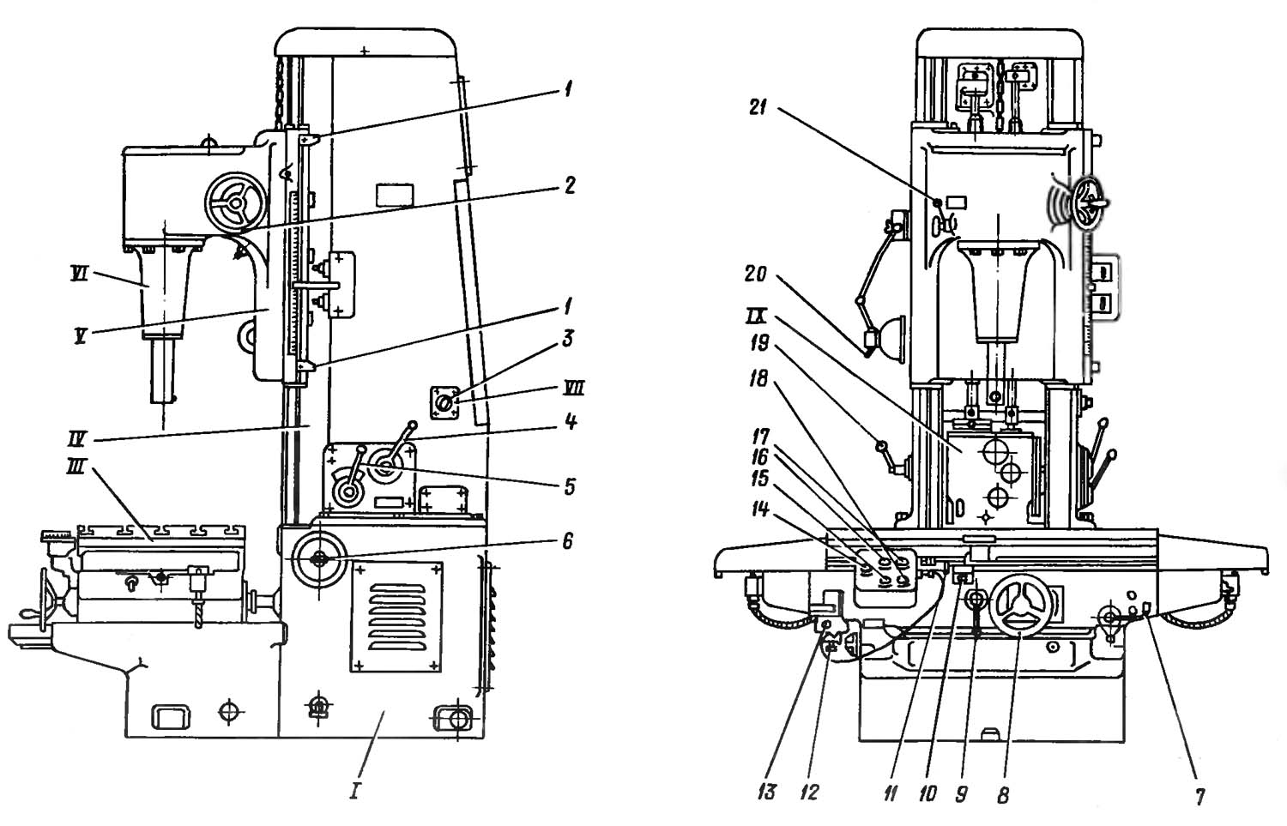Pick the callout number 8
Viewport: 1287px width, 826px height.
(1003, 796)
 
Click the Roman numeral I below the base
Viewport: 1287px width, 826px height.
(353, 789)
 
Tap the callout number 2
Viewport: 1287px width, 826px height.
(568, 185)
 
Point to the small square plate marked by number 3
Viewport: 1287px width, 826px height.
(444, 403)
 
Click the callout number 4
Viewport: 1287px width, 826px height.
(571, 422)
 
